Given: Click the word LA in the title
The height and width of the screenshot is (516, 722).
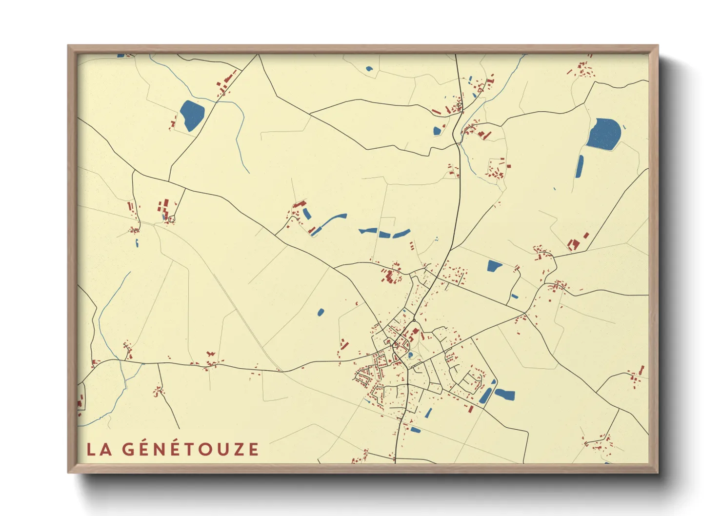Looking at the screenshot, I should point(99,449).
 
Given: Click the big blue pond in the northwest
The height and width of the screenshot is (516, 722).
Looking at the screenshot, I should point(192,115).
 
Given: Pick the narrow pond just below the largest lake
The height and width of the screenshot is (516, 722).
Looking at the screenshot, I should point(580,166).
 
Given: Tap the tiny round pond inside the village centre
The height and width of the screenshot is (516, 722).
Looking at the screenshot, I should point(410,355).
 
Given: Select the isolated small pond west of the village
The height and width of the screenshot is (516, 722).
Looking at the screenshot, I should point(321,312).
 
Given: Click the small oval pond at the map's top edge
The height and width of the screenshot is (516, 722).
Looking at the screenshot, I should point(369,69).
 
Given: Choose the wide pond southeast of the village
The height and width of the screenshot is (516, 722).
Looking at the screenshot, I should point(505,394).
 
